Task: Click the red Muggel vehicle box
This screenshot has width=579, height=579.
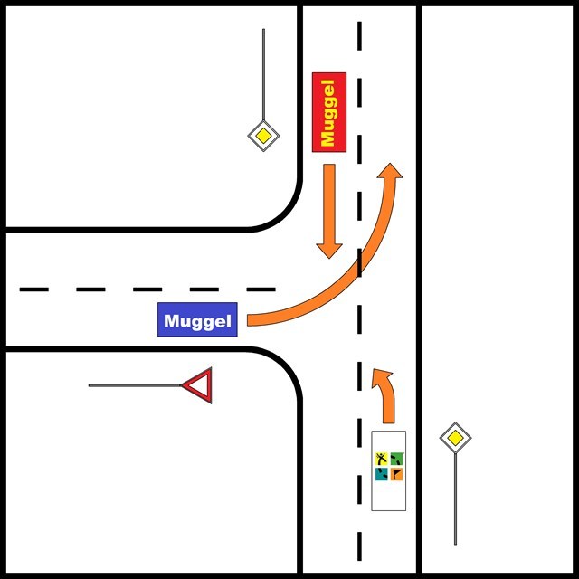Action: (328, 111)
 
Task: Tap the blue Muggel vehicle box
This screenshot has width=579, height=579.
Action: (198, 320)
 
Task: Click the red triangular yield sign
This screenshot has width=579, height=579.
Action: (198, 385)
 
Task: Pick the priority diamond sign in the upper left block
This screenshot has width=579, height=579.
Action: (263, 137)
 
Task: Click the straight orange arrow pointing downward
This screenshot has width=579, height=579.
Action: (328, 212)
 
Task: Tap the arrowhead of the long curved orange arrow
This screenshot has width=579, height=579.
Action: (392, 174)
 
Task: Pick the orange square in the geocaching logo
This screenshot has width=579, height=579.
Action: (397, 473)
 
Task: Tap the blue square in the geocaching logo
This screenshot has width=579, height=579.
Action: (382, 473)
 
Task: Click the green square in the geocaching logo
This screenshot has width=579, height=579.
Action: (397, 459)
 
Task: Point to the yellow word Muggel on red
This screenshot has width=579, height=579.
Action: (328, 111)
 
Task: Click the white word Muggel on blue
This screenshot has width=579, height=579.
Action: (198, 320)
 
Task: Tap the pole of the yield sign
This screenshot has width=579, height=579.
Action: (136, 385)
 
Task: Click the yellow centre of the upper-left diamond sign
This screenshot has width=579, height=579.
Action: (263, 137)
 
